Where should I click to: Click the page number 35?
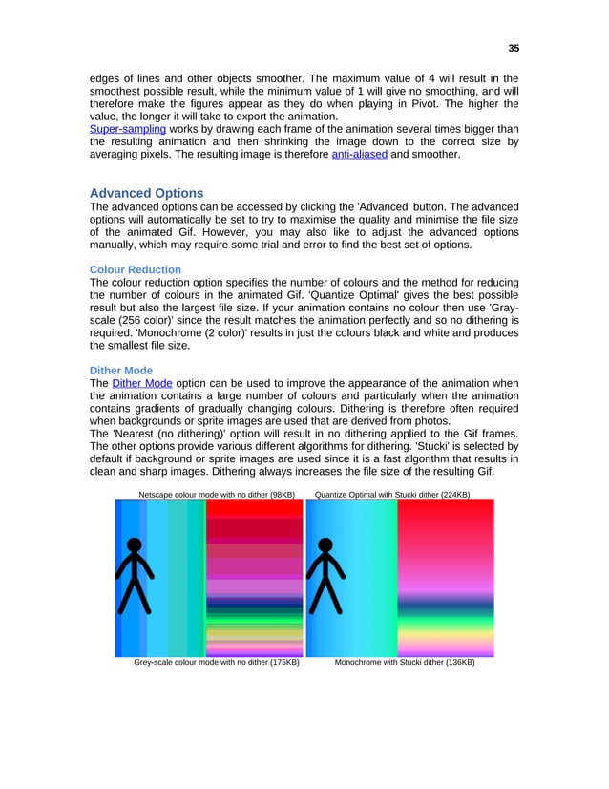[x=514, y=48]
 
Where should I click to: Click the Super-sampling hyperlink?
[x=128, y=129]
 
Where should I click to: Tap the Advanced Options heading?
[x=146, y=193]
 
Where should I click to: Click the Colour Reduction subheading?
[x=135, y=269]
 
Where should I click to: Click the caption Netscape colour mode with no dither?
[x=217, y=494]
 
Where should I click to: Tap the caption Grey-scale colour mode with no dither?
[x=217, y=661]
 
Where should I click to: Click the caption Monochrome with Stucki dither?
[x=405, y=661]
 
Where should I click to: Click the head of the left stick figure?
[x=136, y=546]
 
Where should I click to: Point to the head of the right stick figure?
[x=326, y=546]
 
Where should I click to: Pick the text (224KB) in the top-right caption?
[x=453, y=494]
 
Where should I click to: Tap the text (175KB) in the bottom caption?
[x=283, y=661]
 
